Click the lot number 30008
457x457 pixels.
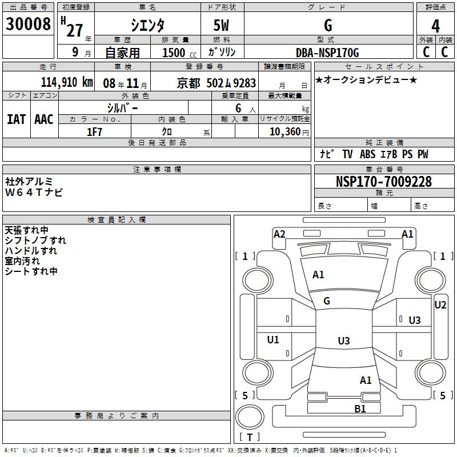(x=28, y=24)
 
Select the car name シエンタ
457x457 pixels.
(x=148, y=25)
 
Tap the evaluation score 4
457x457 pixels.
(x=435, y=25)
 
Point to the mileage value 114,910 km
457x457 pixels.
(x=67, y=82)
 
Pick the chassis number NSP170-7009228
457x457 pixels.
(x=383, y=182)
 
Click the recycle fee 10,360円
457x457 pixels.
(x=286, y=131)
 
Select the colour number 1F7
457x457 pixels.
(x=94, y=131)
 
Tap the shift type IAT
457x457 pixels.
(x=16, y=119)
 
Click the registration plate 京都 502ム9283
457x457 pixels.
(x=217, y=83)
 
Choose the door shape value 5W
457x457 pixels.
(x=222, y=25)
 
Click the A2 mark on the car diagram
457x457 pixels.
(x=279, y=234)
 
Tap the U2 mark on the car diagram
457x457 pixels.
(x=440, y=304)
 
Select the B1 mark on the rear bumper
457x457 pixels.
(x=360, y=408)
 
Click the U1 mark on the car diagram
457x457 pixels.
(x=273, y=340)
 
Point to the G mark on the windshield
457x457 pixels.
(x=327, y=301)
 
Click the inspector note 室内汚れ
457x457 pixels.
(x=22, y=261)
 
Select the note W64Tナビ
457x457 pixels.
(x=34, y=192)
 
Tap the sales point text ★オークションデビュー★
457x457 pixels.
(x=366, y=79)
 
